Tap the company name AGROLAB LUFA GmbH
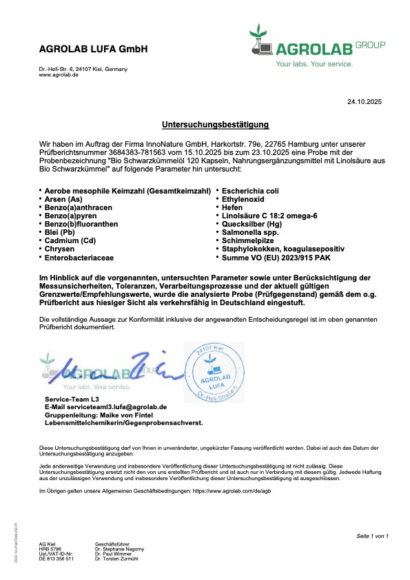93,50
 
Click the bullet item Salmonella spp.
249,233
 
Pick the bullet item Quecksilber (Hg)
252,225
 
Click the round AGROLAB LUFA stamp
219,377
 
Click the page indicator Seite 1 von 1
372,536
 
